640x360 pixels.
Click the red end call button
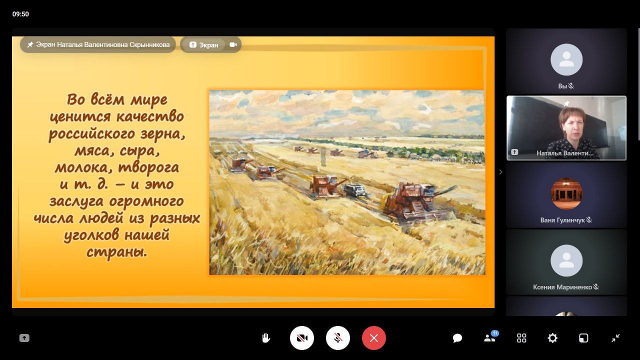[x=373, y=338]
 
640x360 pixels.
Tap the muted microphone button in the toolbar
[x=337, y=338]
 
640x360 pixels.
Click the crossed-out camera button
[x=301, y=338]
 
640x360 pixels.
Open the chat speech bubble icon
[x=457, y=338]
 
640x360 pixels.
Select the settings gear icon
[x=552, y=338]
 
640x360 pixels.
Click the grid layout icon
[x=521, y=338]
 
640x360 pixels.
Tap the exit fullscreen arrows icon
[x=615, y=338]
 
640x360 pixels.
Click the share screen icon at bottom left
[x=24, y=338]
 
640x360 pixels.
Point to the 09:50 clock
[x=20, y=14]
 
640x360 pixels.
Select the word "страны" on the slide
[x=116, y=252]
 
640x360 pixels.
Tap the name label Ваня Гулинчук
[x=562, y=220]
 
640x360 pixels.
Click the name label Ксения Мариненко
[x=562, y=287]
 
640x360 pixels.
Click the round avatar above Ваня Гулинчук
[x=566, y=193]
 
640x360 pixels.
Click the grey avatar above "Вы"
[x=566, y=59]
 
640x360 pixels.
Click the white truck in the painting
[x=355, y=189]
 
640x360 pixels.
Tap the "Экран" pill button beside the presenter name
[x=204, y=45]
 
